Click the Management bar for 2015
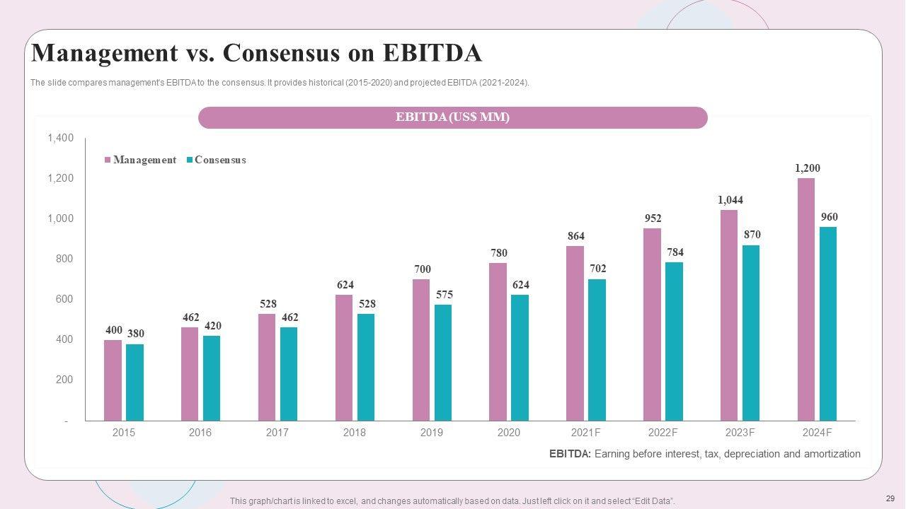tap(113, 380)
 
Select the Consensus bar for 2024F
tap(828, 324)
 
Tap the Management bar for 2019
tap(421, 350)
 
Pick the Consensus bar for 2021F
tap(597, 350)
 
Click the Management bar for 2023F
tap(729, 315)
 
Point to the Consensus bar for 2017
tap(289, 374)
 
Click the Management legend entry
tap(141, 160)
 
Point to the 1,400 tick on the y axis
tap(61, 138)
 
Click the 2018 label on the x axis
tap(355, 433)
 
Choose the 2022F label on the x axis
tap(663, 433)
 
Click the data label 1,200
tap(808, 168)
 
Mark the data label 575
tap(444, 295)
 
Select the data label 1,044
tap(730, 200)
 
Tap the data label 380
tap(136, 334)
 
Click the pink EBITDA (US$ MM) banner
tap(453, 117)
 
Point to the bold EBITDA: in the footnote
tap(570, 454)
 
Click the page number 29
tap(890, 498)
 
